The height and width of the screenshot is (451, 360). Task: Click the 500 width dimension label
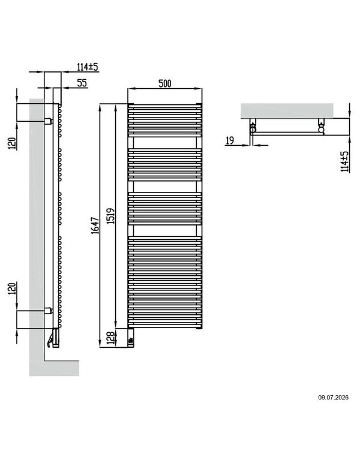164,83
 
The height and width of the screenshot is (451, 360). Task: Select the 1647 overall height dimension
95,225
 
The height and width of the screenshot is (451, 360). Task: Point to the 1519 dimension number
110,216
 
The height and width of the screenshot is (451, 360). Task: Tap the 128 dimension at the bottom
110,338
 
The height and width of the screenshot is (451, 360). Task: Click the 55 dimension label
82,83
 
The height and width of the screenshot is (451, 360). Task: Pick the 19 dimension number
230,141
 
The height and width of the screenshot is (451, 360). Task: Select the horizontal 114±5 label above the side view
88,67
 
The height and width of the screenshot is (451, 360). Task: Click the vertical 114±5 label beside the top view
344,162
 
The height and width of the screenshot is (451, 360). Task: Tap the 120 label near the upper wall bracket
11,143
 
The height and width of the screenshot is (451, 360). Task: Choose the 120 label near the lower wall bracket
11,288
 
